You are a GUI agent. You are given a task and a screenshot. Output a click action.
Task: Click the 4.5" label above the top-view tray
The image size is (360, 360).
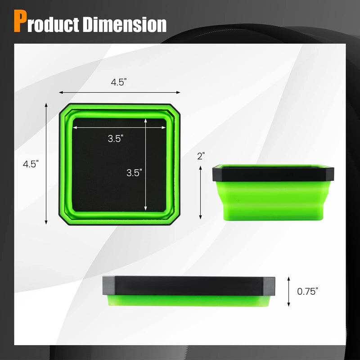point(119,82)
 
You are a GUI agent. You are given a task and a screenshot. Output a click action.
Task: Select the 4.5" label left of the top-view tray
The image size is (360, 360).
point(31,164)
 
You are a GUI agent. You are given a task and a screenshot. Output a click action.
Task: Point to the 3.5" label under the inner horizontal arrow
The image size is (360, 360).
point(115,139)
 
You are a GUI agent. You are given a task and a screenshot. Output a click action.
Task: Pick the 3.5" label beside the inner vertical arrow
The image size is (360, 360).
point(134,172)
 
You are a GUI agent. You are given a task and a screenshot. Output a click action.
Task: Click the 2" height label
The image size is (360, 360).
point(201,156)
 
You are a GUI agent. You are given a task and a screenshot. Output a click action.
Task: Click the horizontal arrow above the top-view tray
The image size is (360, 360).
point(119,92)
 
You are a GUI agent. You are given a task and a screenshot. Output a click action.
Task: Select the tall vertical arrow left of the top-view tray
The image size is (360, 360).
point(47,163)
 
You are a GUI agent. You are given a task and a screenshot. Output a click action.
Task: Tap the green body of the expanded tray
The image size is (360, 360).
point(273,200)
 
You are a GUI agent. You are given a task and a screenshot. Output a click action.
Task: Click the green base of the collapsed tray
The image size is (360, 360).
point(189,301)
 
